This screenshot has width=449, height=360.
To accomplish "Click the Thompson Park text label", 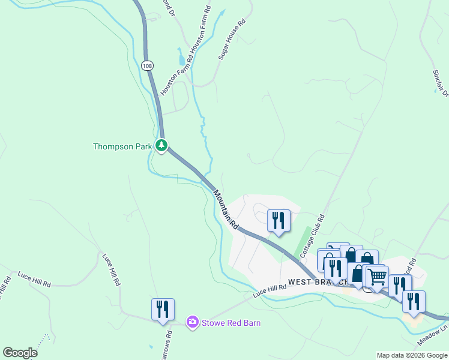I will [122, 146].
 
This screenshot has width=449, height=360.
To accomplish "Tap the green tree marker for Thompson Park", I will [161, 145].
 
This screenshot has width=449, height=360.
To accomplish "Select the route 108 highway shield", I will [146, 64].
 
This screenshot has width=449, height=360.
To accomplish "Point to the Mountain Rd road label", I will [226, 209].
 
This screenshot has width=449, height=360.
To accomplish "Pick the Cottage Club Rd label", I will [312, 234].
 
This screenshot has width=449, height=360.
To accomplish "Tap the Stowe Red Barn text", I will [231, 323].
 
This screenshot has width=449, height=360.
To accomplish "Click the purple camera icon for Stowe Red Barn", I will [192, 323].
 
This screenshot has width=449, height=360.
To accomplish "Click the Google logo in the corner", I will [20, 353].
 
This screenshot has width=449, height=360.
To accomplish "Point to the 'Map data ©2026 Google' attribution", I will [412, 355].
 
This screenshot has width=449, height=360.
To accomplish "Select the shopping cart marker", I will [377, 277].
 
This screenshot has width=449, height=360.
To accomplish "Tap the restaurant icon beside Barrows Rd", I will [163, 309].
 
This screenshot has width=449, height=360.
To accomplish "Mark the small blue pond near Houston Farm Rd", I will [182, 59].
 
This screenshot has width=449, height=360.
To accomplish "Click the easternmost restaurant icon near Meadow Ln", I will [414, 301].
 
